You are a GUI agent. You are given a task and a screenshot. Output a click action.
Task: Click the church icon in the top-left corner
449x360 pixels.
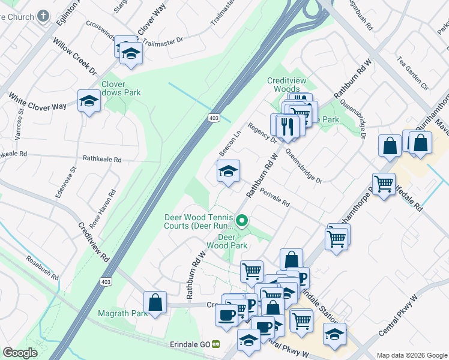[x=43, y=16]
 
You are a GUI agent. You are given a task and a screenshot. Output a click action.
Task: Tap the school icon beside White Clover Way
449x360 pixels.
[x=89, y=101]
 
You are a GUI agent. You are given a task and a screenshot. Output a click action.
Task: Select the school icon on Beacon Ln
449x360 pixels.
[x=228, y=172]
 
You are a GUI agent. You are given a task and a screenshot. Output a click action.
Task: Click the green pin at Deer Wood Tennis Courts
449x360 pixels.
[x=242, y=221]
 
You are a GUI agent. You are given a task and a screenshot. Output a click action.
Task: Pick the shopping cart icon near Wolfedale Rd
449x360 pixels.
[x=384, y=184]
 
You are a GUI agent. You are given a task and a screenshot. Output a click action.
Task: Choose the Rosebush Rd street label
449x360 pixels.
[x=42, y=268]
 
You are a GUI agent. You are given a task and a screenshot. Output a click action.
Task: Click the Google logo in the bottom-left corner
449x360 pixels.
[x=20, y=353]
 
